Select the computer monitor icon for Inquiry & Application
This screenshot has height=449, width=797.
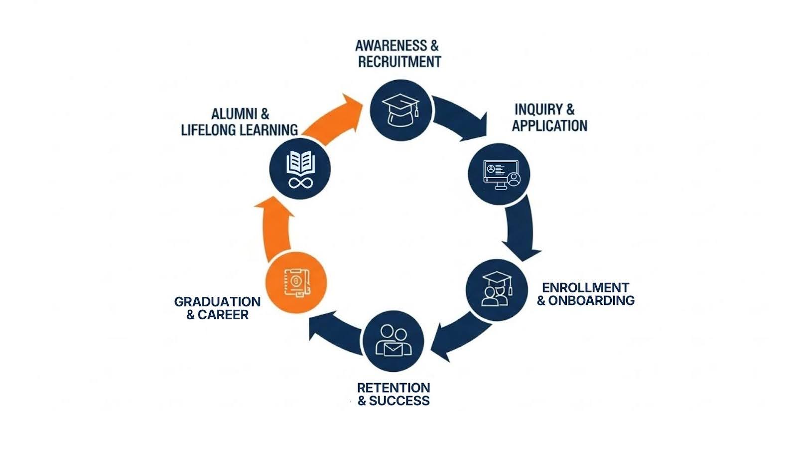coord(499,174)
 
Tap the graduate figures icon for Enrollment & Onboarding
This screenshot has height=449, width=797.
coord(497,289)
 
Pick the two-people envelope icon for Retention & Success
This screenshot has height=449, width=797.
coord(394,341)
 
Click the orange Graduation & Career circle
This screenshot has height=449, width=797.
coord(296,282)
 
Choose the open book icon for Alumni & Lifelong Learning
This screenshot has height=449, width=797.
coord(300,163)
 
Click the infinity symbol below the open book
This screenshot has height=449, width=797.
coord(300,183)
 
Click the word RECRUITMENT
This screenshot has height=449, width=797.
coord(399,62)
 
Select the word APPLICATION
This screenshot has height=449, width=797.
coord(549,126)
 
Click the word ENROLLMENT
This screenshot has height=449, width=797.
coord(585,288)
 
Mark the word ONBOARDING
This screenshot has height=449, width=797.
coord(591,300)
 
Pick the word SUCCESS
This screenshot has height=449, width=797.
coord(399,401)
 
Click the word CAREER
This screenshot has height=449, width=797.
coord(223,315)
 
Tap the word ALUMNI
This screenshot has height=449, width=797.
coord(233,114)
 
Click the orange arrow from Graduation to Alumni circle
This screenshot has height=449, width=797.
coord(274,227)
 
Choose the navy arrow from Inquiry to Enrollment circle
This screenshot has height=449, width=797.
coord(521,227)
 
